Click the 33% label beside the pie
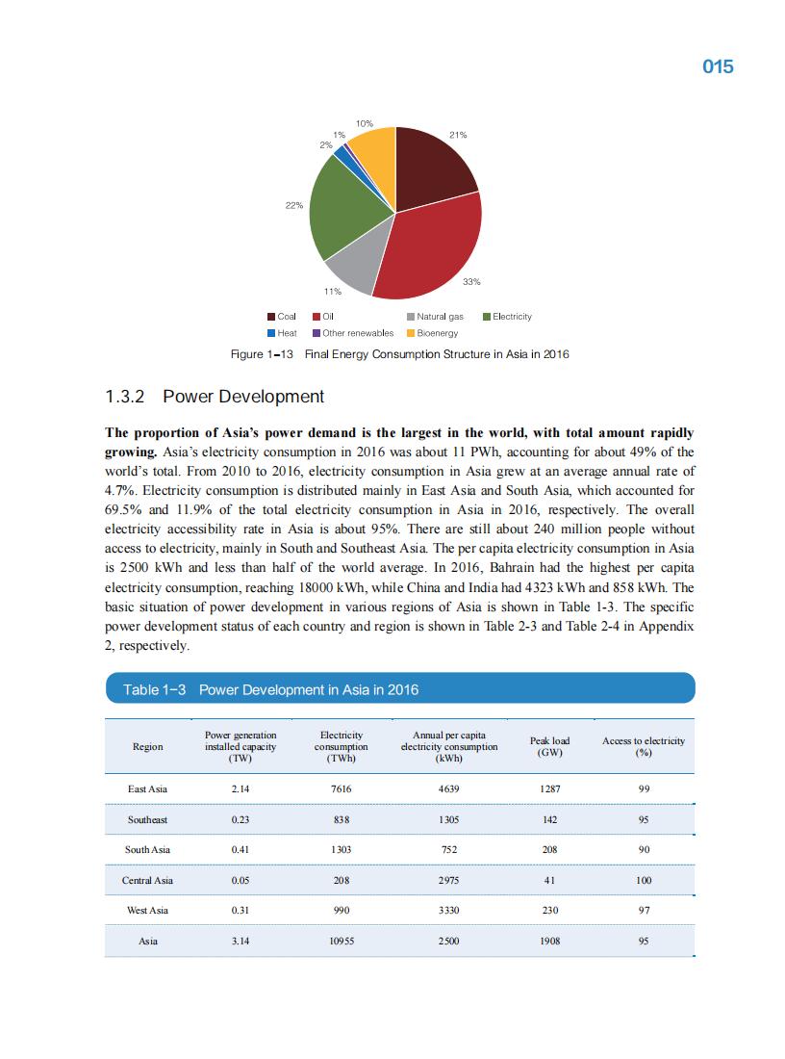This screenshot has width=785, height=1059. click(471, 281)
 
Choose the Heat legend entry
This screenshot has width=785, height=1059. click(283, 333)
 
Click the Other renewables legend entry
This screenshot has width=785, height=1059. click(352, 333)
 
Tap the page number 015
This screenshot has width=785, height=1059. click(718, 66)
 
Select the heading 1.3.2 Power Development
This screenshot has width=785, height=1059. click(215, 397)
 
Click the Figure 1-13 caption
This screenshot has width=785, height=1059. click(400, 354)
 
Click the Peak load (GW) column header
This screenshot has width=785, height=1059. click(549, 746)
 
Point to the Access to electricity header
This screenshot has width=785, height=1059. click(644, 746)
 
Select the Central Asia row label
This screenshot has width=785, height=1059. click(147, 880)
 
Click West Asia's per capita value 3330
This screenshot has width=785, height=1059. click(448, 910)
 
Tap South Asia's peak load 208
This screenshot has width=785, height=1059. click(549, 849)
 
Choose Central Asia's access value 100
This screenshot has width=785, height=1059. click(644, 880)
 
